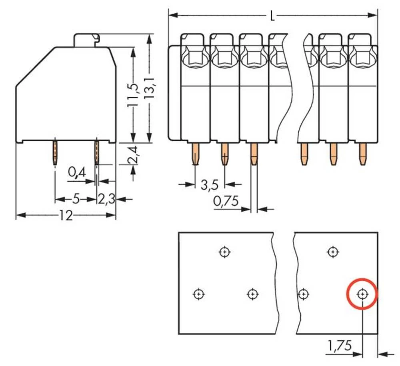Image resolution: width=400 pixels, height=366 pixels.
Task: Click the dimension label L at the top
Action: pyautogui.click(x=272, y=16)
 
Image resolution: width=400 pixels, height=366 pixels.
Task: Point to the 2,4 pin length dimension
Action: pyautogui.click(x=133, y=155)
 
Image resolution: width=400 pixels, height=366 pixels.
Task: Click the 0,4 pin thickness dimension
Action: pyautogui.click(x=77, y=173)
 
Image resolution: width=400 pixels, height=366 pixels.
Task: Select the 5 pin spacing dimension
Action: pyautogui.click(x=76, y=199)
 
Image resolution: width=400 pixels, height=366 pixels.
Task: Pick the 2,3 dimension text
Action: pyautogui.click(x=106, y=199)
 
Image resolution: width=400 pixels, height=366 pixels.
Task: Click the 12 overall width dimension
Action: pyautogui.click(x=66, y=216)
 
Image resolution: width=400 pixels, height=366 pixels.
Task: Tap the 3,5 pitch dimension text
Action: pyautogui.click(x=209, y=185)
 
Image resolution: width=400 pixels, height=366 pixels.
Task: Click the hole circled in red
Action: pyautogui.click(x=362, y=294)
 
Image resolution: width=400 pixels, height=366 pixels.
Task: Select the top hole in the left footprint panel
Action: pyautogui.click(x=225, y=252)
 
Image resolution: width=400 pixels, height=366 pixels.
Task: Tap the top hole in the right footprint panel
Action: pyautogui.click(x=332, y=252)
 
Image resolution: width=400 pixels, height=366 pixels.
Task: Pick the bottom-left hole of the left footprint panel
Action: pyautogui.click(x=198, y=294)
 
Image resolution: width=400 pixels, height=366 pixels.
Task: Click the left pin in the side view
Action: pyautogui.click(x=55, y=152)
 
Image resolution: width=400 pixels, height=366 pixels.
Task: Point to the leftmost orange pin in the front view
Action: pyautogui.click(x=195, y=154)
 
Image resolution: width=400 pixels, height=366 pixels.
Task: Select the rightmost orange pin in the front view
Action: pyautogui.click(x=362, y=154)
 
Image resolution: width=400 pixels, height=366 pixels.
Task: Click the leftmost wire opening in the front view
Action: pyautogui.click(x=195, y=58)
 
